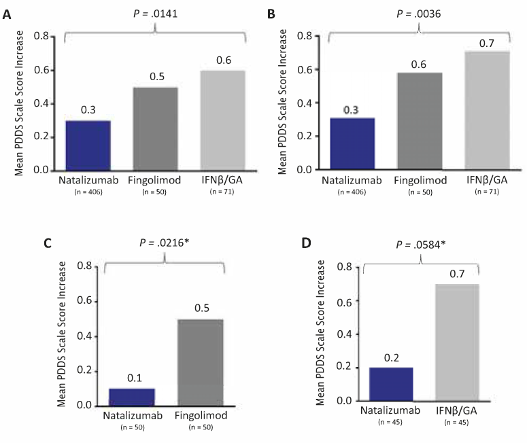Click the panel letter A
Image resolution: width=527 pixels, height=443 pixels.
click(7, 13)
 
